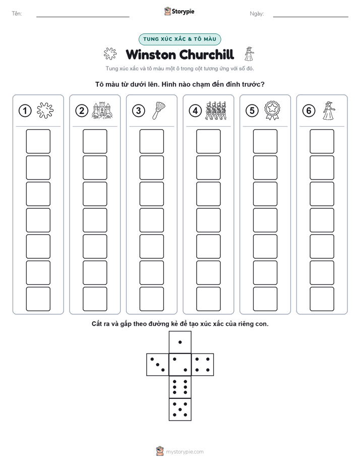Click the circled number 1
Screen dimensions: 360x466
click(x=25, y=110)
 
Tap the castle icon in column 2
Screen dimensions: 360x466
click(x=102, y=110)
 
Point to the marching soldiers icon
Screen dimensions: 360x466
click(x=216, y=110)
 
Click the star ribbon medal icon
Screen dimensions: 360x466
click(x=272, y=110)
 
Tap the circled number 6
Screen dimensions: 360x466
click(x=309, y=110)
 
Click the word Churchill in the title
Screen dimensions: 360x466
click(x=207, y=54)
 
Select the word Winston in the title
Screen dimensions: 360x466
click(x=151, y=55)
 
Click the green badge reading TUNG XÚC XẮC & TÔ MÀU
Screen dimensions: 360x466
click(x=179, y=39)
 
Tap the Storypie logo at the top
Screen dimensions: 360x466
click(x=179, y=12)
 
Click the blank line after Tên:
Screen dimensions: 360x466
click(x=83, y=17)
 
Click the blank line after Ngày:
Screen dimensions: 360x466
click(x=311, y=17)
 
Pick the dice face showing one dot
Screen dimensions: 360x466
click(x=180, y=342)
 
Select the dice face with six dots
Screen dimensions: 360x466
click(x=180, y=387)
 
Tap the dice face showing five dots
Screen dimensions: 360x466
click(x=180, y=410)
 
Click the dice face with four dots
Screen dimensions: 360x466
click(x=203, y=365)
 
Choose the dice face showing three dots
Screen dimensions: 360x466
click(x=158, y=365)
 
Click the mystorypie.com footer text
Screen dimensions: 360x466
click(x=185, y=452)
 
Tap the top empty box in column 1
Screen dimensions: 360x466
click(x=38, y=141)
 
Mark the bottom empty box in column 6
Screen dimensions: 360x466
click(x=322, y=299)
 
